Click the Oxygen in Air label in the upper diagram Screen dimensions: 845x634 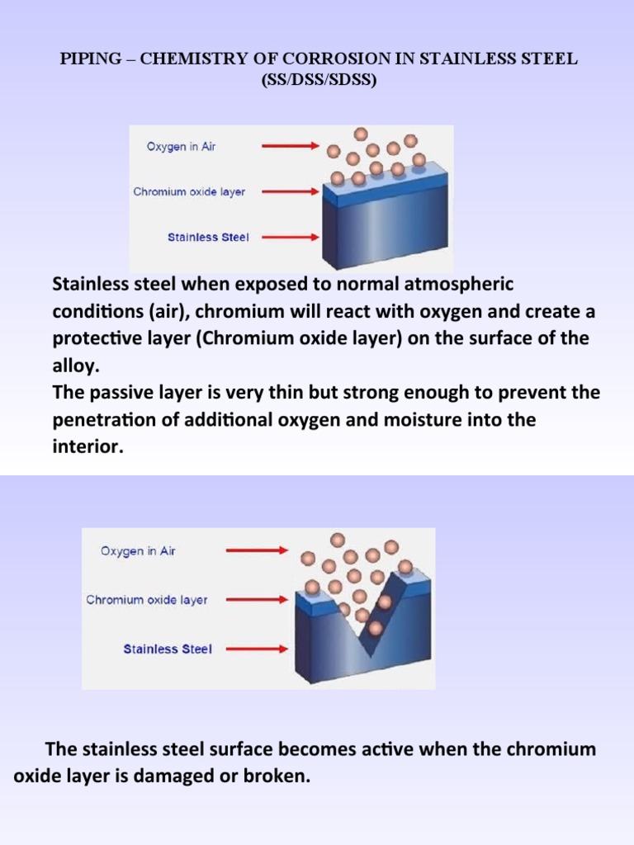click(x=182, y=147)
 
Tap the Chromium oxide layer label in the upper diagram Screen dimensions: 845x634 click(x=189, y=191)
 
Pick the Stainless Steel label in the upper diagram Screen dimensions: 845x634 click(x=208, y=237)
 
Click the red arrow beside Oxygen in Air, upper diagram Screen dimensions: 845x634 click(x=290, y=147)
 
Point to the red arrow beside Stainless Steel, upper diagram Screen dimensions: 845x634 click(x=290, y=237)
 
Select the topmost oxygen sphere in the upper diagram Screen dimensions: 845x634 click(x=360, y=134)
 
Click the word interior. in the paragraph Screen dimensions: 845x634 click(x=87, y=446)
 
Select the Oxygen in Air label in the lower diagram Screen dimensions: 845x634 click(x=138, y=551)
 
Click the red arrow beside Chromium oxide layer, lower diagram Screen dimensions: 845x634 click(x=257, y=600)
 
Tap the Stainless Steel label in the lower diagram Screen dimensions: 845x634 click(x=168, y=649)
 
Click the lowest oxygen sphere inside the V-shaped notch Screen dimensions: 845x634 click(x=376, y=629)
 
